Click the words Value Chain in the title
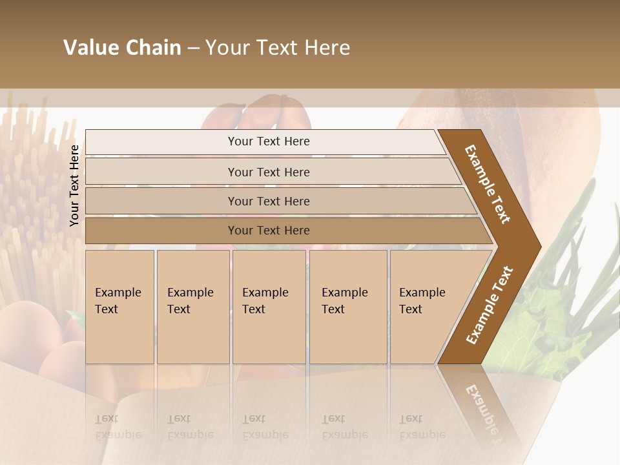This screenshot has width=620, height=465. point(122,48)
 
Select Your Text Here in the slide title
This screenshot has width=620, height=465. point(278,48)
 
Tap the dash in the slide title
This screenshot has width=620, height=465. point(193,48)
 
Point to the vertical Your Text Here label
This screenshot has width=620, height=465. point(74,185)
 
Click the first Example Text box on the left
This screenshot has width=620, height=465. point(119,307)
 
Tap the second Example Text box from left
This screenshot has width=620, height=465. point(192,307)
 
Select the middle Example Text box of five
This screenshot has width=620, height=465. point(269,307)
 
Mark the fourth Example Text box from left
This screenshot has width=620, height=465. point(348,307)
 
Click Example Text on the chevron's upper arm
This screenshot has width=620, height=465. point(488,184)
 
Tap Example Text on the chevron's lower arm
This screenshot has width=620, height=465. point(489,305)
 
